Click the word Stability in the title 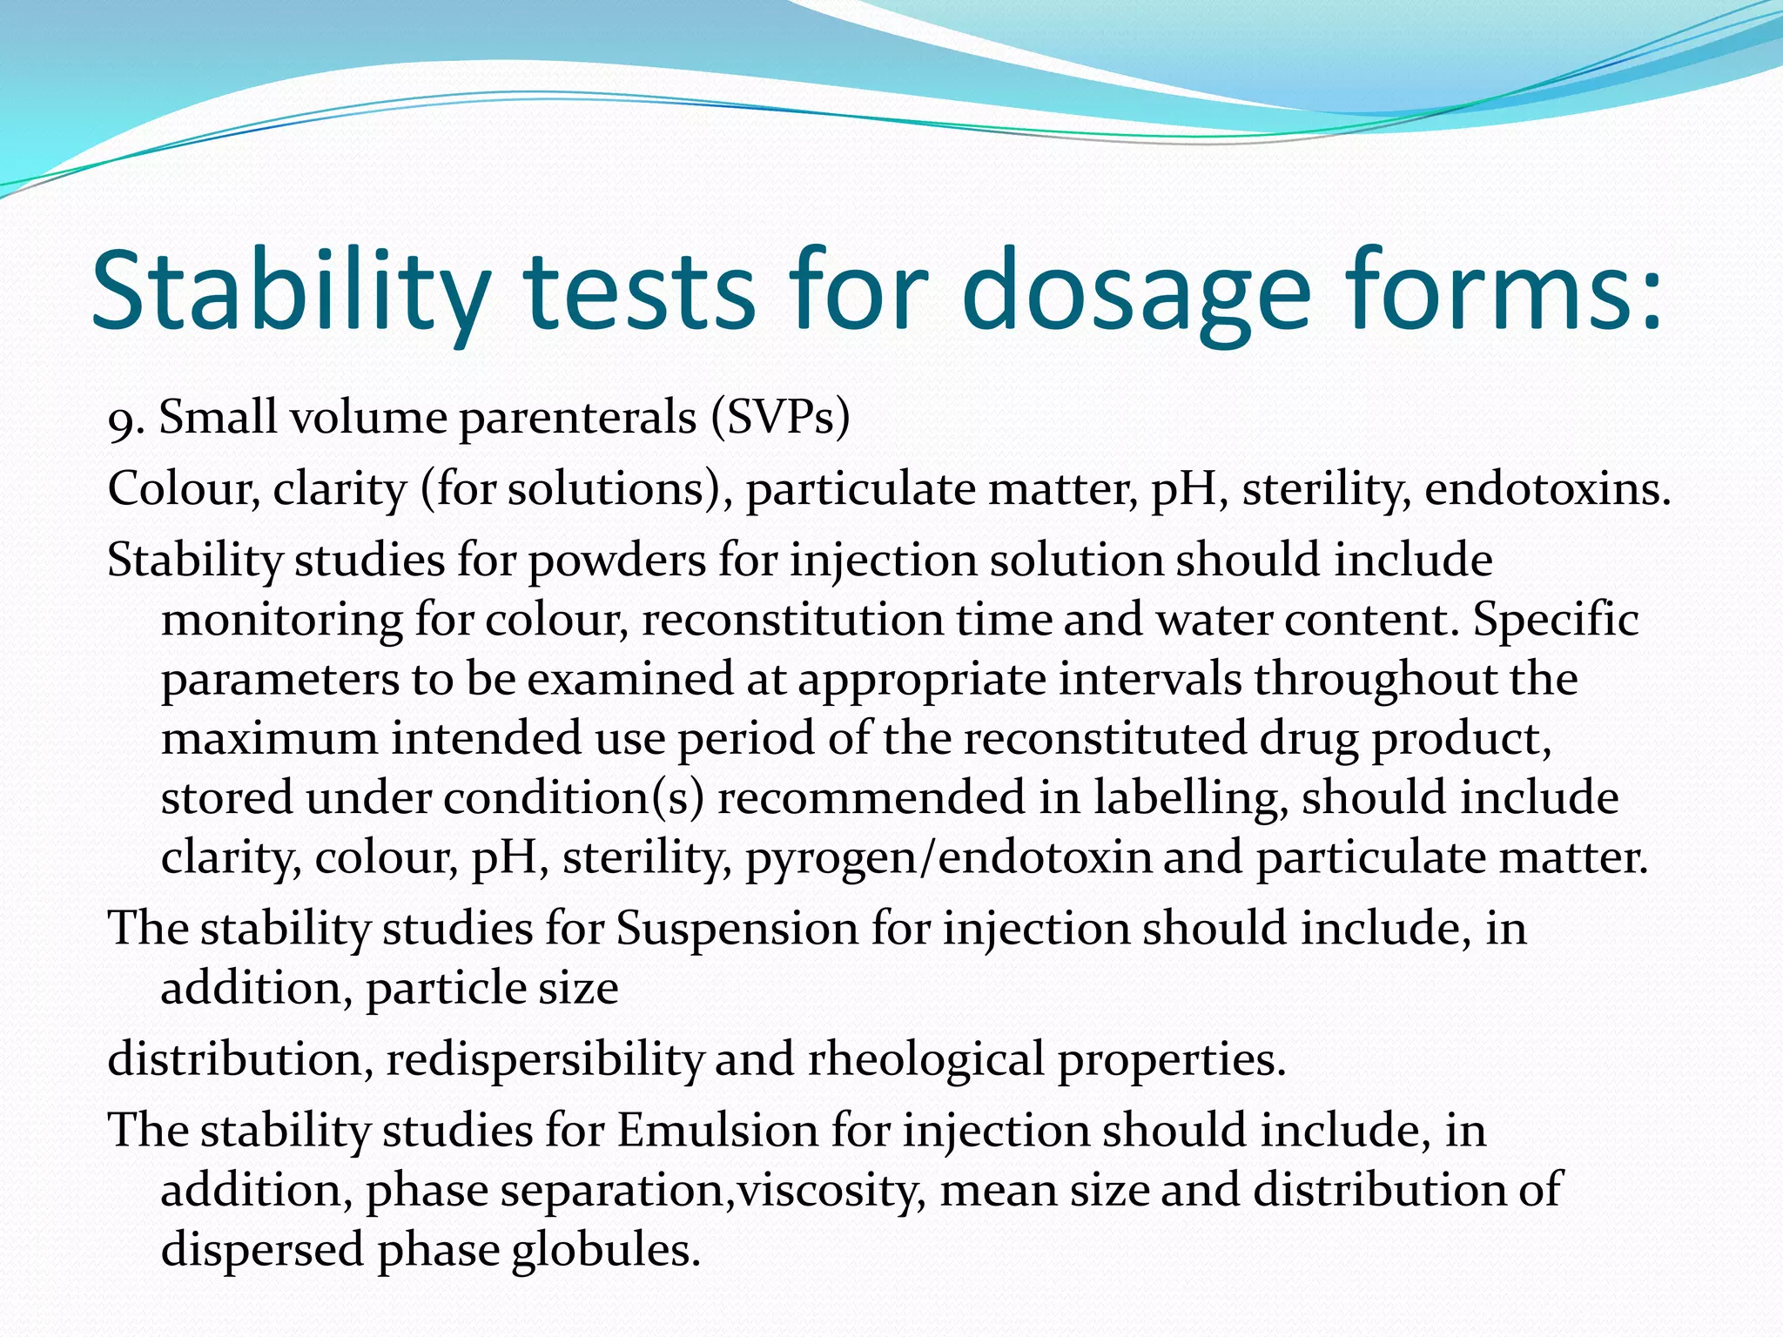tap(287, 292)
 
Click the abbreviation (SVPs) tap(779, 418)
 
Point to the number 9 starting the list tap(120, 423)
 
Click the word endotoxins tap(1547, 489)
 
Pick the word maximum tap(269, 739)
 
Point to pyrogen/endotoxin tap(948, 858)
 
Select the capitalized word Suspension tap(737, 929)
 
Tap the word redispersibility tap(544, 1060)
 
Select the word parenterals tap(577, 418)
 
